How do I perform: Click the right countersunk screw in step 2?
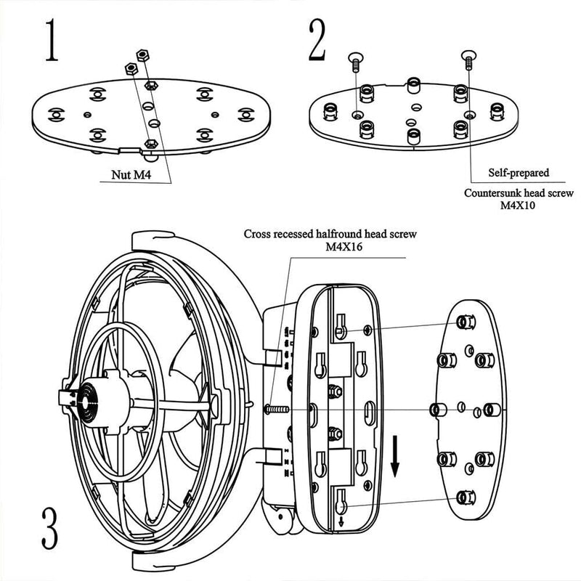pyautogui.click(x=468, y=57)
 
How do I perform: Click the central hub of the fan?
pyautogui.click(x=87, y=397)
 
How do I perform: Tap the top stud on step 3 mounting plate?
pyautogui.click(x=462, y=322)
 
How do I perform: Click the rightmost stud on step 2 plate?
pyautogui.click(x=497, y=110)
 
